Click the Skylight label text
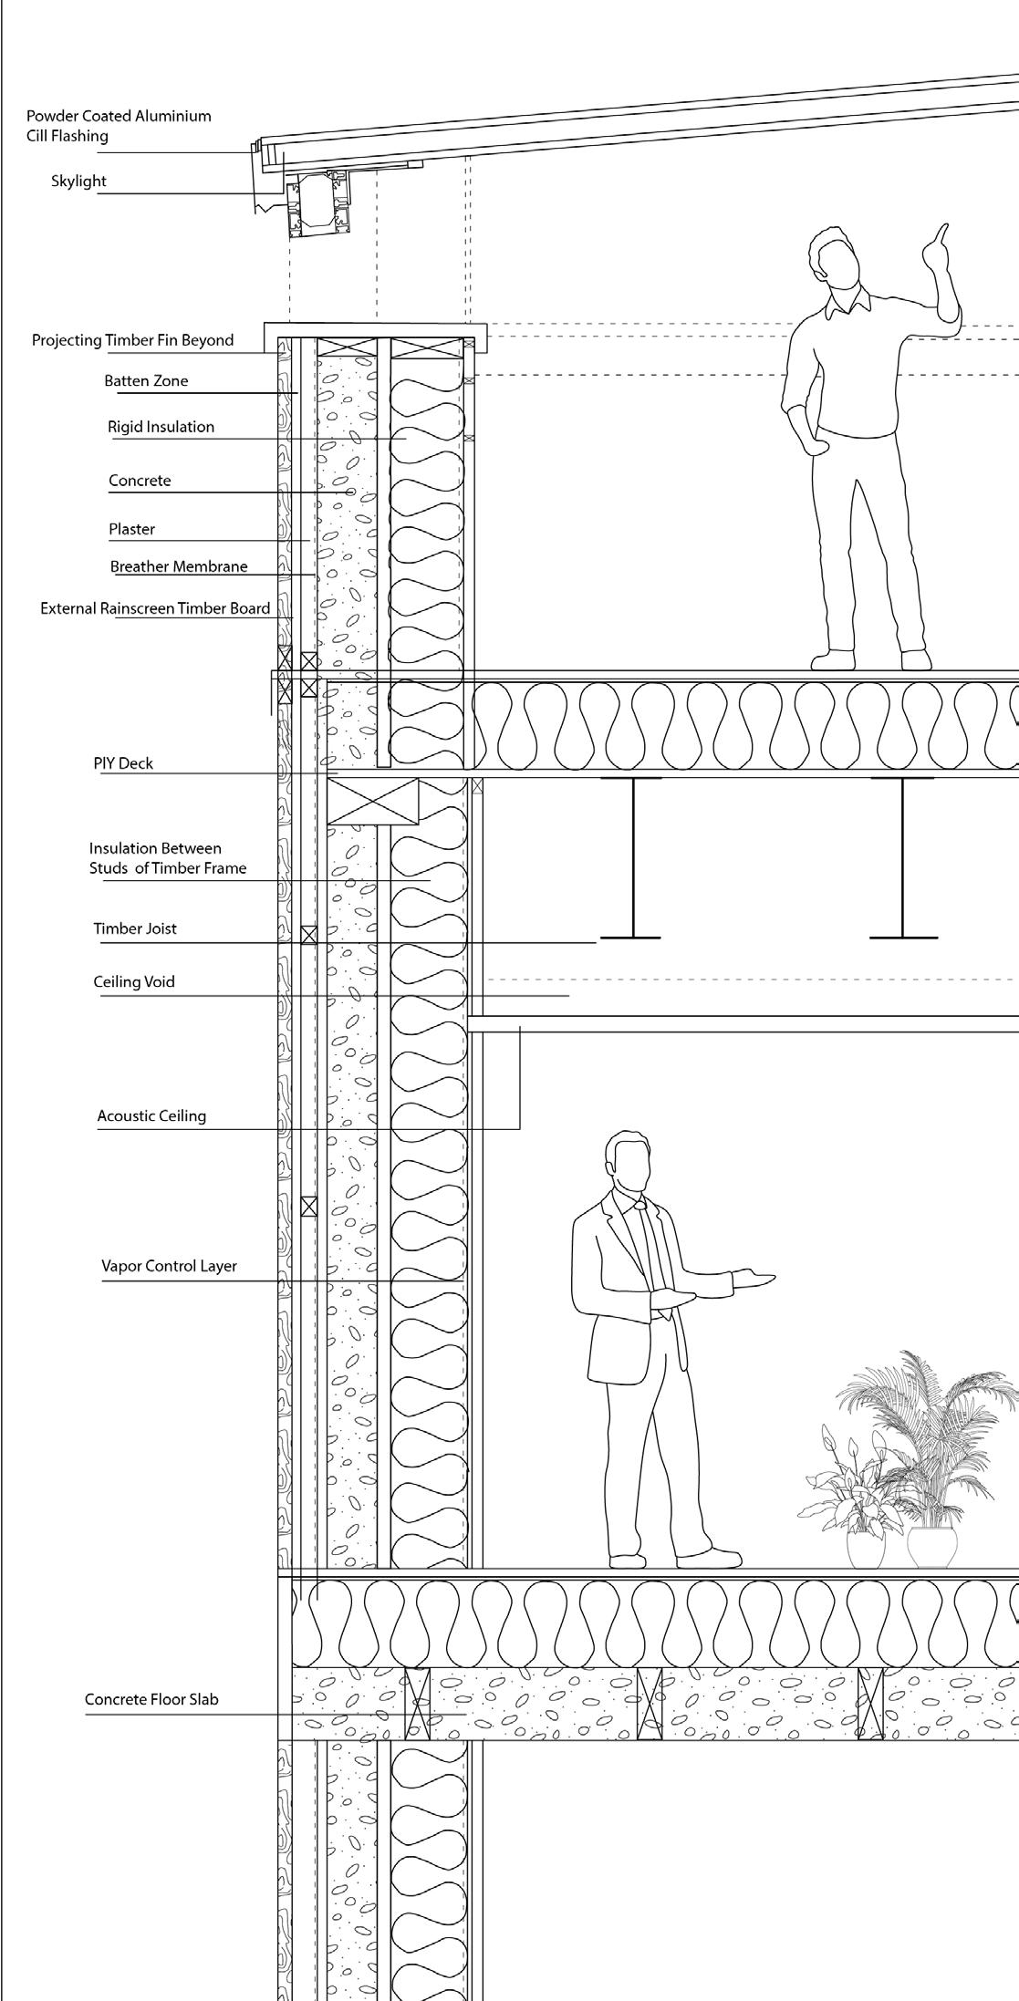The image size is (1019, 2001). pos(78,181)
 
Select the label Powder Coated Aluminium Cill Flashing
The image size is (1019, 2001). pos(119,126)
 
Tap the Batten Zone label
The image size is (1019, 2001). pos(146,380)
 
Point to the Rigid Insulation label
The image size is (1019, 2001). pos(161,426)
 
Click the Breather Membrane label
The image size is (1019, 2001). pos(179,566)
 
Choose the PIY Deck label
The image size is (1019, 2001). pos(123,762)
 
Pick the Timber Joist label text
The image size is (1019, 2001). pos(135,928)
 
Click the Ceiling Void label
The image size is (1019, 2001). pos(134,981)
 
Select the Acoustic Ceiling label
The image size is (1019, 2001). pos(151,1115)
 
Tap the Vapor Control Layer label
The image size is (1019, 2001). pos(169,1266)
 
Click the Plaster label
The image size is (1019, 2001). pos(131,529)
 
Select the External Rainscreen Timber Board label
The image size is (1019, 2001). pos(155,608)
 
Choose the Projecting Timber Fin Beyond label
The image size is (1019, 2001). pos(133,340)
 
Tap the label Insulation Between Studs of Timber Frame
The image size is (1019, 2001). pos(168,858)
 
